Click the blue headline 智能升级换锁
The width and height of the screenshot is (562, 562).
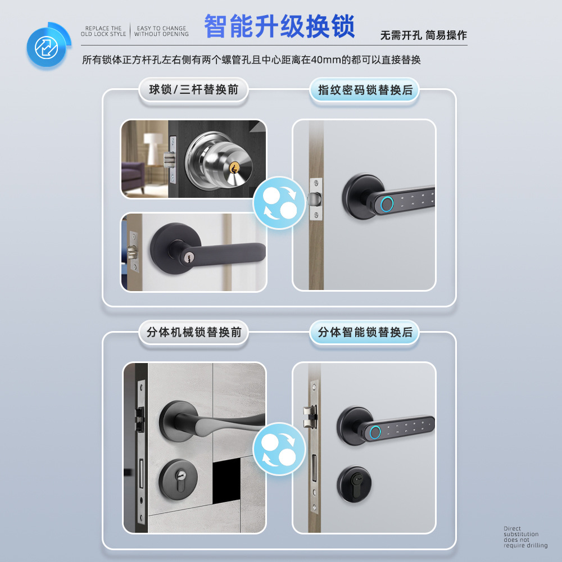(x=279, y=26)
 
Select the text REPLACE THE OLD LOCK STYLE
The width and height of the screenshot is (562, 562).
(x=103, y=31)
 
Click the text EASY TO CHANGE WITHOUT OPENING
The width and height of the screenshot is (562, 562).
(x=161, y=31)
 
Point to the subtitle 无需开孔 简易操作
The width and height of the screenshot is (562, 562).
(x=423, y=35)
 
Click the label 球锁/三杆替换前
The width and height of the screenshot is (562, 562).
(x=193, y=90)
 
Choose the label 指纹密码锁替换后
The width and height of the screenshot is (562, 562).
(x=365, y=90)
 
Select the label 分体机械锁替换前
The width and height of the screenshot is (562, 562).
(x=193, y=332)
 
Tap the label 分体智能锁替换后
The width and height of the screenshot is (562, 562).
(x=365, y=332)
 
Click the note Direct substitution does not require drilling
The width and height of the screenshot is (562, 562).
(x=525, y=537)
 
